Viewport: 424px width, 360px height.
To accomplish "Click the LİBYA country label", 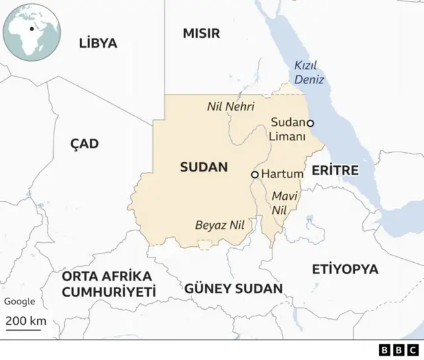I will [98, 44].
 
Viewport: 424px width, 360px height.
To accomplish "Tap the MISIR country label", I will [201, 34].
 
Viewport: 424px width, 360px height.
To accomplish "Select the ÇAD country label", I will [84, 144].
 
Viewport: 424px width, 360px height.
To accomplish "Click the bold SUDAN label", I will [203, 167].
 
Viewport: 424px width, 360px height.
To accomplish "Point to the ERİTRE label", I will [335, 171].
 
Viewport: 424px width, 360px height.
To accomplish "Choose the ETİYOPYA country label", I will [345, 269].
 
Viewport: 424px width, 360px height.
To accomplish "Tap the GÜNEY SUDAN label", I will [233, 289].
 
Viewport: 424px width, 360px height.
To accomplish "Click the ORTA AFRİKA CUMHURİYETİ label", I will [109, 284].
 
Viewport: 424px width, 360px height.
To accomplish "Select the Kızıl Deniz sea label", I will [309, 73].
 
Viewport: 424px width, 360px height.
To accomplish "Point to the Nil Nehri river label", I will [231, 107].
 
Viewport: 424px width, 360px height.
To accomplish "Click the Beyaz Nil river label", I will [220, 225].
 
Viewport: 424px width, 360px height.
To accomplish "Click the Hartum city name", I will [282, 174].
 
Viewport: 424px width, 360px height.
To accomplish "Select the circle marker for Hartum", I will [254, 175].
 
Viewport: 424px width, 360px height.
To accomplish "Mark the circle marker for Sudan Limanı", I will [310, 123].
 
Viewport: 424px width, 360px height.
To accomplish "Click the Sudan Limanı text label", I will [288, 130].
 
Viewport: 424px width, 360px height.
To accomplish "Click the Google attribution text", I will [20, 302].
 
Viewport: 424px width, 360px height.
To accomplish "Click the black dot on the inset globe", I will [31, 29].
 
